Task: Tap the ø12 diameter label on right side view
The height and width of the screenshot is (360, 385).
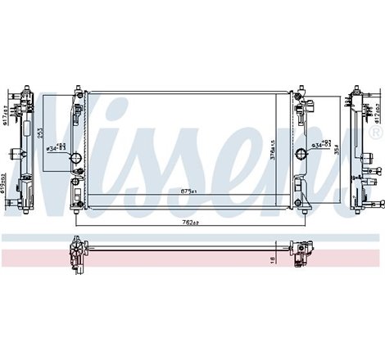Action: [378, 106]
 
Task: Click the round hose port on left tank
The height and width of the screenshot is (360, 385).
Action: [76, 135]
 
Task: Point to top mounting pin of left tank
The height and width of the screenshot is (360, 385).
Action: [76, 86]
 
